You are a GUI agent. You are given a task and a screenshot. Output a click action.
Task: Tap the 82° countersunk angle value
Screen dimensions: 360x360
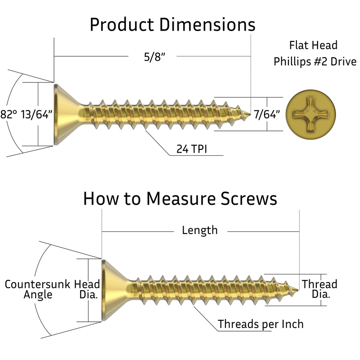(x=9, y=115)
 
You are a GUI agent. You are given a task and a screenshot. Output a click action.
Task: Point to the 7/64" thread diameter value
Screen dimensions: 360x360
(x=267, y=114)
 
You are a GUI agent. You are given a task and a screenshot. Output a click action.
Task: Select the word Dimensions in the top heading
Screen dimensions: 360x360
(x=208, y=25)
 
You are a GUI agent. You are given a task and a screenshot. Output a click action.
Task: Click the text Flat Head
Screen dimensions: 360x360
(x=312, y=46)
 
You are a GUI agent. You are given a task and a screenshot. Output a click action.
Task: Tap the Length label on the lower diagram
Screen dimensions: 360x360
(x=199, y=230)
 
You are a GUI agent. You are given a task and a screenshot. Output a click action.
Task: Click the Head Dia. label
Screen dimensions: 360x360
(x=87, y=289)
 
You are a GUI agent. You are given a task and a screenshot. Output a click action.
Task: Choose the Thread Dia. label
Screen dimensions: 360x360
(x=319, y=289)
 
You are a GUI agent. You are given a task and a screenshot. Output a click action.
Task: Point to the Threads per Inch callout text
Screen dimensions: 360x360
(x=261, y=324)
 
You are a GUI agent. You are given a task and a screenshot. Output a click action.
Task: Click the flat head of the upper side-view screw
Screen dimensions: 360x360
(x=63, y=114)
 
